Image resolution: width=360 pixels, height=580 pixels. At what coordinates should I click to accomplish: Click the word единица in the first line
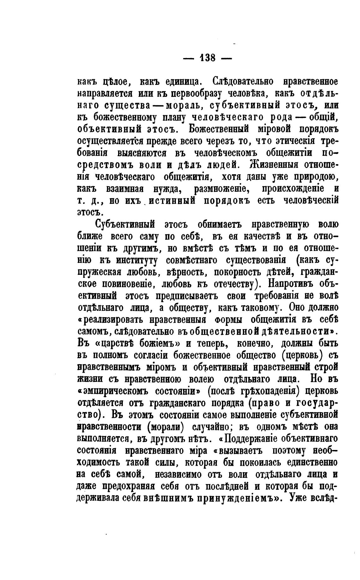pyautogui.click(x=184, y=83)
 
